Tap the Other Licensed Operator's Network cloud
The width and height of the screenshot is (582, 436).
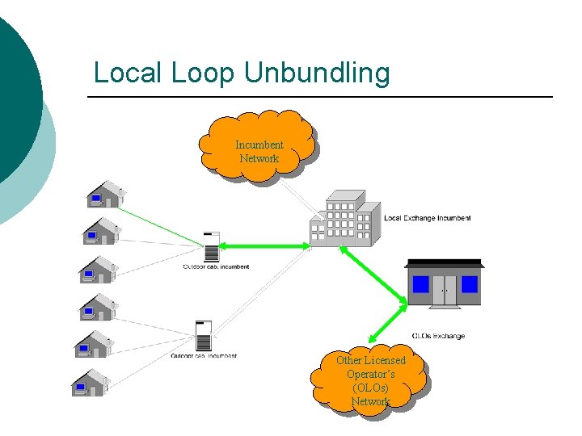point(371,379)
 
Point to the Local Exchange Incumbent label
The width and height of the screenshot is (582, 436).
point(427,218)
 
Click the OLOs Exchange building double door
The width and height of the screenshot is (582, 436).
point(445,289)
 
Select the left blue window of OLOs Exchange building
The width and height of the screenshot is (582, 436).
point(420,284)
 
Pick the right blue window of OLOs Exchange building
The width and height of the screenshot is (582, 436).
point(469,284)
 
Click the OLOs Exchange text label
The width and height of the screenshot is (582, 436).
point(438,336)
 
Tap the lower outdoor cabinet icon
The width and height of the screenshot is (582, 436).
point(204,335)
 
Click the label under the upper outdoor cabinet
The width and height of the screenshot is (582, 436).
point(216,266)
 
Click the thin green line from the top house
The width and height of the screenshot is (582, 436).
point(162,222)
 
